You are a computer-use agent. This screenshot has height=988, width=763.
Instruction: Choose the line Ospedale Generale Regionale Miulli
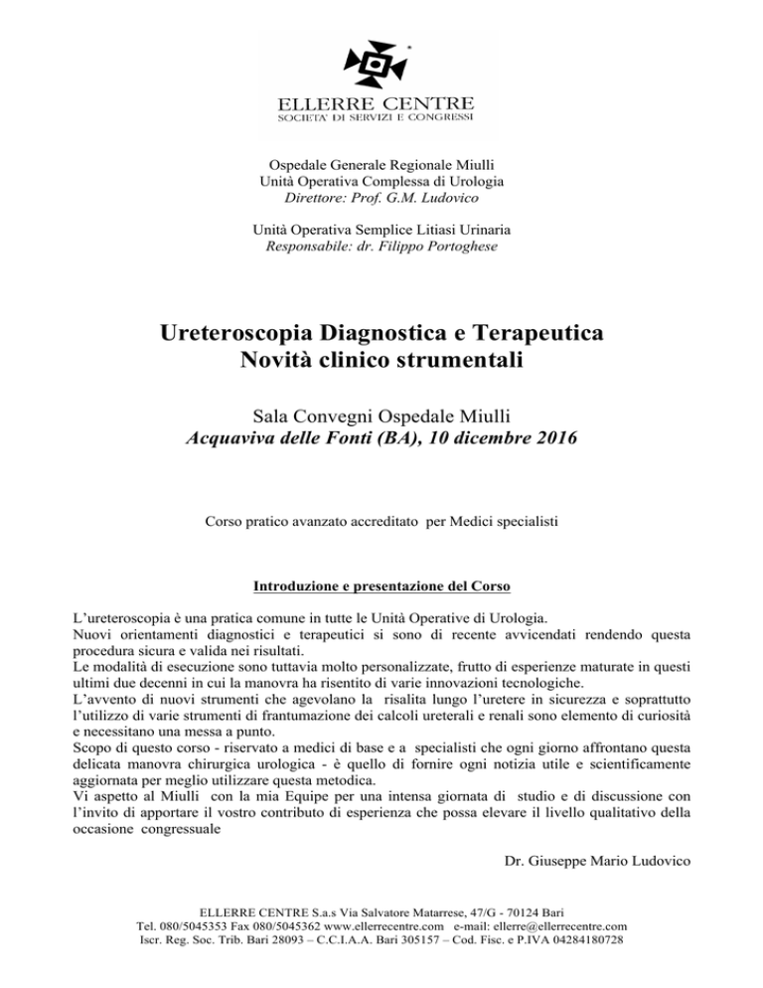tap(381, 164)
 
